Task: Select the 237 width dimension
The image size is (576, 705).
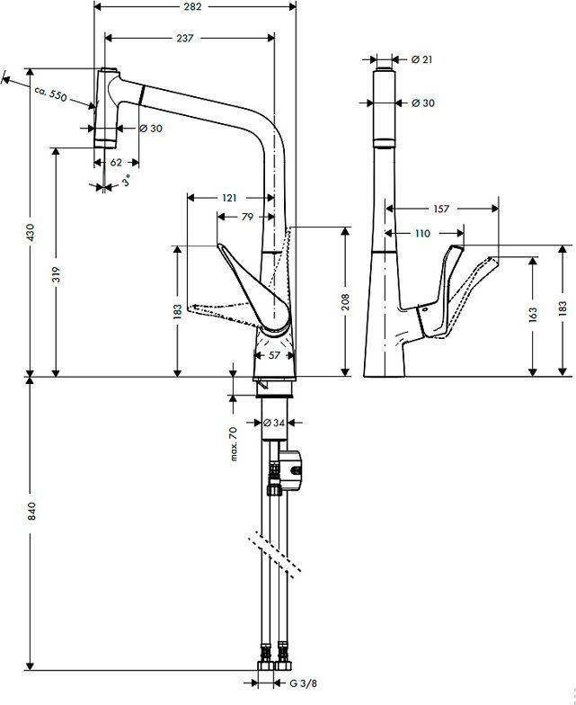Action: [x=186, y=38]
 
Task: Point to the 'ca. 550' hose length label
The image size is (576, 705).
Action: [x=51, y=95]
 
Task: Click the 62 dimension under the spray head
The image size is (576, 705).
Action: [x=116, y=163]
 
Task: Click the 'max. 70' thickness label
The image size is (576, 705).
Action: [x=233, y=445]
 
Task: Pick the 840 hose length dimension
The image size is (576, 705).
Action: [x=31, y=513]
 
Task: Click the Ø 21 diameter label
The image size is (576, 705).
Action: [x=422, y=60]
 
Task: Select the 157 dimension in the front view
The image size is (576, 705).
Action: [x=441, y=209]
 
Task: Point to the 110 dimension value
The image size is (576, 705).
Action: [x=421, y=233]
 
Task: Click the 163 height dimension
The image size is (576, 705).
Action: [x=534, y=315]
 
